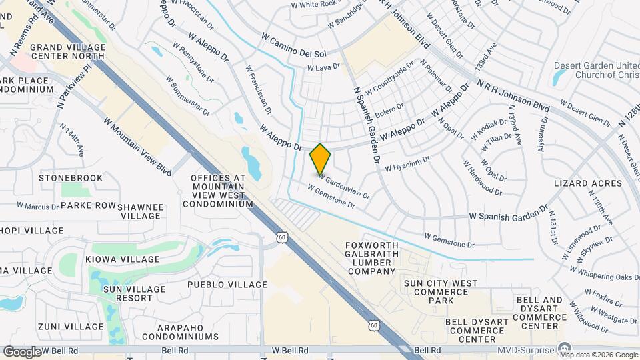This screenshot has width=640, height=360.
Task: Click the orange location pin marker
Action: pos(320,159)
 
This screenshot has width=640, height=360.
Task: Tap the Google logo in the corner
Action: pos(22,351)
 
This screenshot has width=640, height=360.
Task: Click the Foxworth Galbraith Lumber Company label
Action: pos(371,258)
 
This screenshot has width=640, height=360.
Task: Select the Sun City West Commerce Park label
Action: pos(441,292)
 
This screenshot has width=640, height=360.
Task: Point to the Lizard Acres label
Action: pos(588,183)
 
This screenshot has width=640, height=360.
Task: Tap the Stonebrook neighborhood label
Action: pos(71,178)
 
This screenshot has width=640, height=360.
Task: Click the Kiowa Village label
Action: pos(122,259)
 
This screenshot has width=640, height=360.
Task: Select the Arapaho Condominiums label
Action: pos(188,332)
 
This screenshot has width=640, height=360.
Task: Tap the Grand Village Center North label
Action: pos(67,52)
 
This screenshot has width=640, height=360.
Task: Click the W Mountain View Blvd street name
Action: pos(137,143)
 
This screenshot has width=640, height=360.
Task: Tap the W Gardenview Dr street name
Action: pos(343,186)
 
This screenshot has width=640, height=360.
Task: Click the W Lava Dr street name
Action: pos(323,67)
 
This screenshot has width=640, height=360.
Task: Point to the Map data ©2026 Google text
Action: pos(599,354)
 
